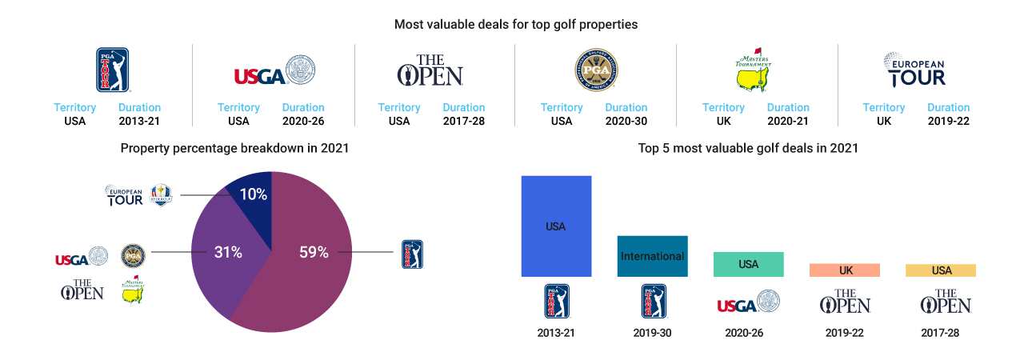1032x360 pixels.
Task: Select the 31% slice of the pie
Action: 224,256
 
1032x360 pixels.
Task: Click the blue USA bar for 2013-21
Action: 556,226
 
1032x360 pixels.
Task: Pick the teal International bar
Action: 652,256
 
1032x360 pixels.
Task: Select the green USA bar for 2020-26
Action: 748,264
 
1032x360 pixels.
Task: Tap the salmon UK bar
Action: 845,270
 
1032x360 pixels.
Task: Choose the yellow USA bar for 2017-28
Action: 941,270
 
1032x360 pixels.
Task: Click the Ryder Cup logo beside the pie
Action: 161,194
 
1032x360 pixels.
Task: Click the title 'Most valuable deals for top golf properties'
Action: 516,25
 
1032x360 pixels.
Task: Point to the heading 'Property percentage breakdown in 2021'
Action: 234,148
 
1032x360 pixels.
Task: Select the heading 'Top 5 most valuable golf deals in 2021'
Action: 748,148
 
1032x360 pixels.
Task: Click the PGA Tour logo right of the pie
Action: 411,254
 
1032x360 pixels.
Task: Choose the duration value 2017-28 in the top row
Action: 464,122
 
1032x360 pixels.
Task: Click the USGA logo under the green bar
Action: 748,302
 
